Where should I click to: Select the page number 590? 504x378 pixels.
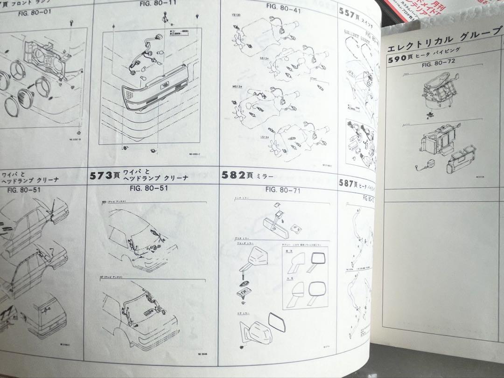(399, 60)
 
